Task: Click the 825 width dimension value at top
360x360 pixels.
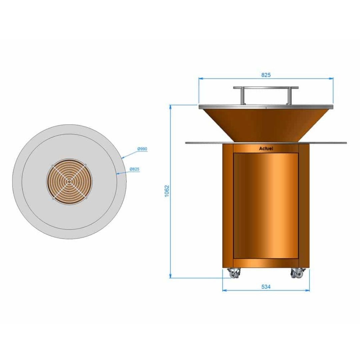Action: pos(266,75)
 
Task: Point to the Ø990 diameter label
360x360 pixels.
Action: pos(142,149)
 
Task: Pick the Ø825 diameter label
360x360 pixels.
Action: pos(134,169)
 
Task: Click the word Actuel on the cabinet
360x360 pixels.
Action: pos(266,149)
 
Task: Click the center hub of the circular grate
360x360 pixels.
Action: pos(69,182)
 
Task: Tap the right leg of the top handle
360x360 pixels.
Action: pos(289,96)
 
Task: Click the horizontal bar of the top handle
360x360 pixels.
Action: pos(266,88)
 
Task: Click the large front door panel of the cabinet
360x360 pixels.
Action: pos(266,205)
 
